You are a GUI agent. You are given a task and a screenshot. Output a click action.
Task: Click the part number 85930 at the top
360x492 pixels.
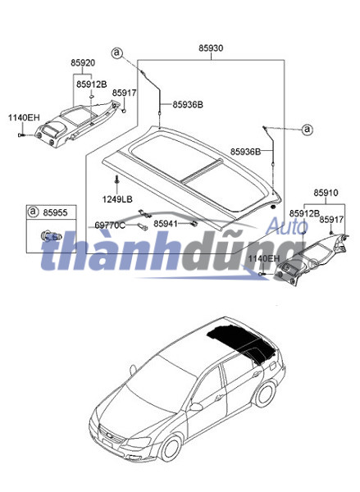(x=211, y=48)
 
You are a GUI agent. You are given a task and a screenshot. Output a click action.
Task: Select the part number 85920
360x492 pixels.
(x=83, y=63)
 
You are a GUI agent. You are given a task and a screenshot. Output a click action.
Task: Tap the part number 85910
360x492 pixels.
(x=326, y=193)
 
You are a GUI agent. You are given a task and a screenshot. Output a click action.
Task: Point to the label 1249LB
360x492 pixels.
(x=117, y=199)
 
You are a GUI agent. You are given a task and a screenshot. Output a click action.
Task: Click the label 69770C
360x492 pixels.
(x=110, y=225)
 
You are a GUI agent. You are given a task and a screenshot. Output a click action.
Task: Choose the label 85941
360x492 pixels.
(x=166, y=224)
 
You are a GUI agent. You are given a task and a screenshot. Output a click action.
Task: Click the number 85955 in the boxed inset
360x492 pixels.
(x=55, y=212)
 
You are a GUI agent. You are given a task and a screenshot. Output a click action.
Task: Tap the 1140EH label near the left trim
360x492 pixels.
(x=24, y=117)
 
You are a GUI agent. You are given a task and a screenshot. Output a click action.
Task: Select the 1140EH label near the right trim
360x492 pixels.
(x=263, y=258)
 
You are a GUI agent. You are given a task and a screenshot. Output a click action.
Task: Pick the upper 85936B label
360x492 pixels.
(x=188, y=104)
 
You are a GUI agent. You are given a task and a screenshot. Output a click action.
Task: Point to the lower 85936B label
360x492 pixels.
(x=246, y=152)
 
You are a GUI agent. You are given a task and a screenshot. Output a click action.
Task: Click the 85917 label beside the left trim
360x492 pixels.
(x=125, y=93)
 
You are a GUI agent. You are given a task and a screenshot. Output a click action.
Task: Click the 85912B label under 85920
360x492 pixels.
(x=92, y=84)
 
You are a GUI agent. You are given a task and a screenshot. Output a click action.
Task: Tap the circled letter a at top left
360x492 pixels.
(x=116, y=53)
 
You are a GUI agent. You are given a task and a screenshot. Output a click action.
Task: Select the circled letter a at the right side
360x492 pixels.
(x=308, y=129)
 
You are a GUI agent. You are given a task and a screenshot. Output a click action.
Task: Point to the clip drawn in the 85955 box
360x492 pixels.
(x=49, y=236)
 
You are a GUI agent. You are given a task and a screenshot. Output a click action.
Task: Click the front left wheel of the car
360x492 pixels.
(x=171, y=448)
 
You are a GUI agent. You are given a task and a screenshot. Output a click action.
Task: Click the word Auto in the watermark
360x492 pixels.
(x=287, y=226)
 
